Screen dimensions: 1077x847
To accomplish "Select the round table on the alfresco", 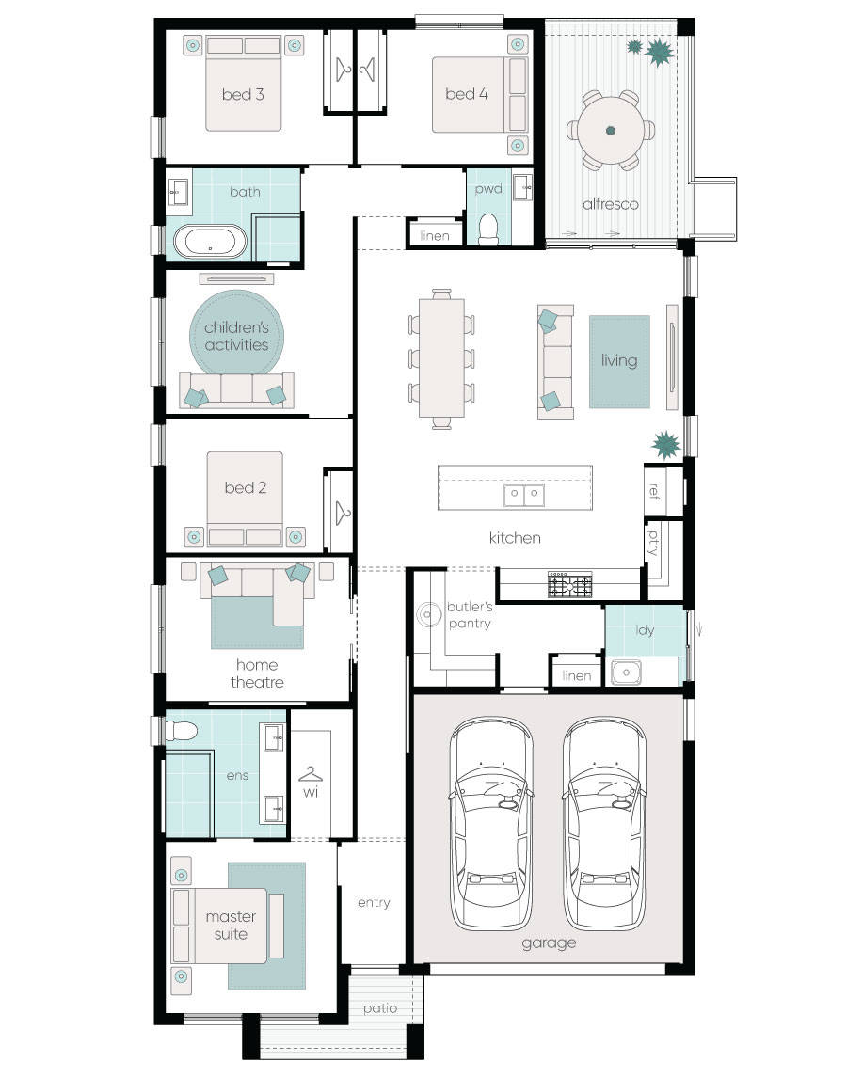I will (610, 131).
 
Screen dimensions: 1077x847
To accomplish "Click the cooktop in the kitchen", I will (570, 585).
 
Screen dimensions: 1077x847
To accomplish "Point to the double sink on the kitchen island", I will (523, 493).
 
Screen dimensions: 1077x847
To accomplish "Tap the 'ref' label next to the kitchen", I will (654, 491).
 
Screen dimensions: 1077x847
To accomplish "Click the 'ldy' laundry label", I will (646, 630).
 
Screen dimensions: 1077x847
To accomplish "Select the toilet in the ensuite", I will (178, 729).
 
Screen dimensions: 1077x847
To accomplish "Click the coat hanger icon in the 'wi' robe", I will (311, 774).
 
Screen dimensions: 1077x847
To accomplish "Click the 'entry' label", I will (374, 902).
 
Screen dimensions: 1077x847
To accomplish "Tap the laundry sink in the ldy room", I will (626, 672).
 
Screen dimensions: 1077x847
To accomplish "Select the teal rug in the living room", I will (619, 361).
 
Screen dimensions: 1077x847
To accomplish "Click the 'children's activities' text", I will (236, 336).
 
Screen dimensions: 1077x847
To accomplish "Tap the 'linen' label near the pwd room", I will (435, 235).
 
